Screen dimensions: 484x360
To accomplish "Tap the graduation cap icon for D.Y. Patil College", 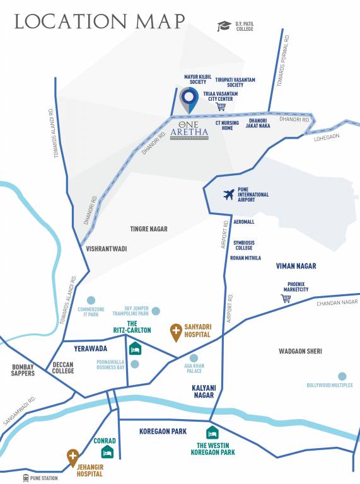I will (x=224, y=26).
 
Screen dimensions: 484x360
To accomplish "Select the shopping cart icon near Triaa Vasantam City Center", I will (x=221, y=107).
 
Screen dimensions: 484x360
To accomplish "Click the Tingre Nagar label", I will (x=149, y=229).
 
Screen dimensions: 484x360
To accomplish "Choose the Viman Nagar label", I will (x=296, y=266).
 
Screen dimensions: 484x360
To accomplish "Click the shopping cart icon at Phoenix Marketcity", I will (x=286, y=297).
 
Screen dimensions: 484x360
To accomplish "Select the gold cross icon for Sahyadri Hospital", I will (x=176, y=331).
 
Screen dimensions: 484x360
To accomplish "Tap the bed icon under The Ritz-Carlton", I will (x=135, y=349).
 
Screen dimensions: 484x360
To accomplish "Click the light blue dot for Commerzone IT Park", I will (x=91, y=300).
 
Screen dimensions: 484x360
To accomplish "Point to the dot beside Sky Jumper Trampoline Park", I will (x=156, y=310).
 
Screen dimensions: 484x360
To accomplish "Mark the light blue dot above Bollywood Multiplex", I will (x=342, y=376).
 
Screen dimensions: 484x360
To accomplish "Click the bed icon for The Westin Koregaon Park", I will (x=212, y=433).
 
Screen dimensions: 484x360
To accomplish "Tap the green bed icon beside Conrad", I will (x=108, y=451).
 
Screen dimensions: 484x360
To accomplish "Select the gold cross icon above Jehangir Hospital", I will (x=73, y=457).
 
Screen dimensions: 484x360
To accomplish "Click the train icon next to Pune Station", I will (x=26, y=478).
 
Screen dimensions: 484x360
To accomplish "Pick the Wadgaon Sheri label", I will (x=305, y=351).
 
